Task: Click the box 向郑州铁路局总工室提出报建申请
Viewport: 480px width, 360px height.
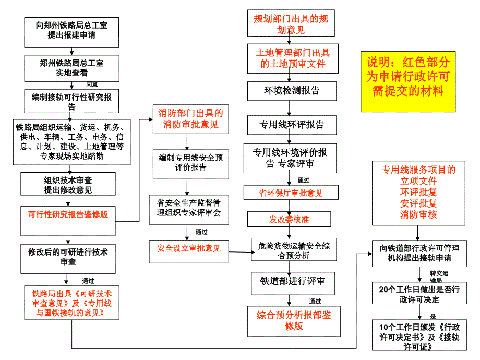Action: (x=71, y=30)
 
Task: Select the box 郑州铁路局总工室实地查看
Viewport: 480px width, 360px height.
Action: (x=71, y=68)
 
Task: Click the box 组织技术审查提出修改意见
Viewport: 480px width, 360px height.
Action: (x=68, y=185)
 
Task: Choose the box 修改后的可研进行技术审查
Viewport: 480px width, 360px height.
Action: (x=68, y=257)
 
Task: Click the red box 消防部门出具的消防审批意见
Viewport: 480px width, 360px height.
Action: (x=190, y=118)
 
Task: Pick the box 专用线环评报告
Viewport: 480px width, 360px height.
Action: (x=292, y=125)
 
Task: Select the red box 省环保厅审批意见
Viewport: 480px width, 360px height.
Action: (x=291, y=193)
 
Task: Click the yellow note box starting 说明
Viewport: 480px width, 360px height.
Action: (x=407, y=81)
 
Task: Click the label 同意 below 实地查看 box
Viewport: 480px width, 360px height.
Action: (x=92, y=84)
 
